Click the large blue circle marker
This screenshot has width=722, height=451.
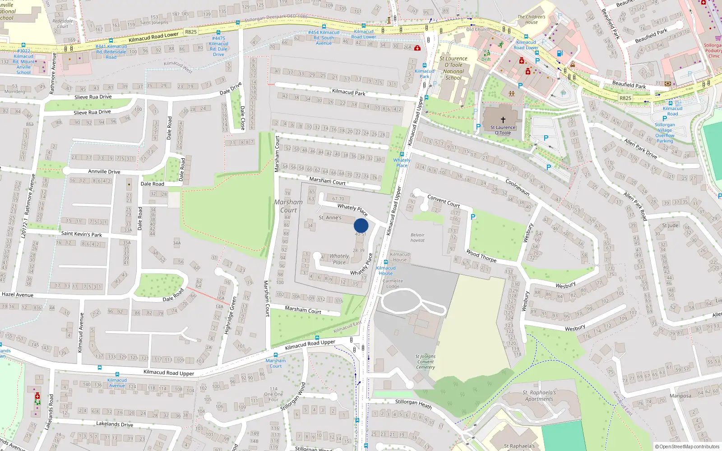pos(361,225)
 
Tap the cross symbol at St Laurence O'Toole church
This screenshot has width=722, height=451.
pos(503,120)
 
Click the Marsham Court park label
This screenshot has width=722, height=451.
pos(288,206)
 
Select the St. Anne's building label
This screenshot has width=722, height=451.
pos(330,217)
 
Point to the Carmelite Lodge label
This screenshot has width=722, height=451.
pos(393,283)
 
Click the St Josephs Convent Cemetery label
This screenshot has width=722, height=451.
pos(426,362)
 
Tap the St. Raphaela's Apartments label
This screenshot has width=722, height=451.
pos(539,396)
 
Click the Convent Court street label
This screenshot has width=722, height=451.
pos(443,201)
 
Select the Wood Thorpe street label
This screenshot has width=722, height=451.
pos(481,256)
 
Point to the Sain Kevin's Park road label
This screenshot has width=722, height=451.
pos(81,234)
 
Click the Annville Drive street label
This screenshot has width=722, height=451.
pos(104,171)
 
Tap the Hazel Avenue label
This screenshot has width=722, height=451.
pos(18,295)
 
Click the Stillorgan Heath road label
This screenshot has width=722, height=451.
pos(413,404)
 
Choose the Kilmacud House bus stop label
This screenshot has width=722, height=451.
pos(386,270)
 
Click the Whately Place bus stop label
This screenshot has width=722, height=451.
pos(402,162)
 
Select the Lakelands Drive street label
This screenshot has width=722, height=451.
pos(114,424)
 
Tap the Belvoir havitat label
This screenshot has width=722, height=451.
pos(417,237)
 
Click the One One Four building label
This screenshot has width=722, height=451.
pos(273,394)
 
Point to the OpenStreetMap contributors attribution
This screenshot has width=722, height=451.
pos(687,446)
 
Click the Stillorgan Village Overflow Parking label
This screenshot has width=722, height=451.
pos(665,133)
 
